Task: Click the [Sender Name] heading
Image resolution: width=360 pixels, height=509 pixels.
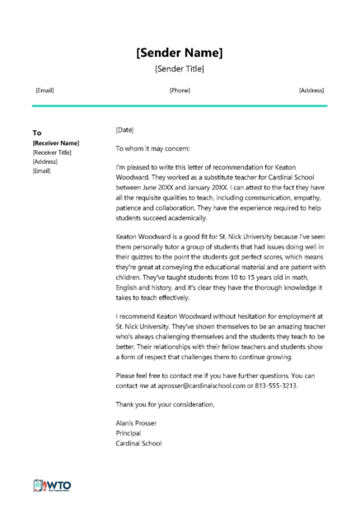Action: (180, 54)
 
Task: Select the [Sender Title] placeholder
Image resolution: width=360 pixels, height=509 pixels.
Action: (180, 70)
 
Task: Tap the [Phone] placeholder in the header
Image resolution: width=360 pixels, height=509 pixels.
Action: (180, 90)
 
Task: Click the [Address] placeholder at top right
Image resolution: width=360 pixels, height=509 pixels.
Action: (311, 90)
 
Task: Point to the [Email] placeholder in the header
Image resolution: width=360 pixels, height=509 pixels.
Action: (44, 90)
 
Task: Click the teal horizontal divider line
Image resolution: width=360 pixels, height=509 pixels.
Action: (180, 105)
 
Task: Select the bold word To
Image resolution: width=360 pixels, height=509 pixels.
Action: (36, 132)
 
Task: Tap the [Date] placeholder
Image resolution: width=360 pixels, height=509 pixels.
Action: (124, 130)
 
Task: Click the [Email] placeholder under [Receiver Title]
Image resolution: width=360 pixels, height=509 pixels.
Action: (41, 170)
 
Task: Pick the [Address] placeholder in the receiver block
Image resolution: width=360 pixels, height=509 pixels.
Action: (44, 161)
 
